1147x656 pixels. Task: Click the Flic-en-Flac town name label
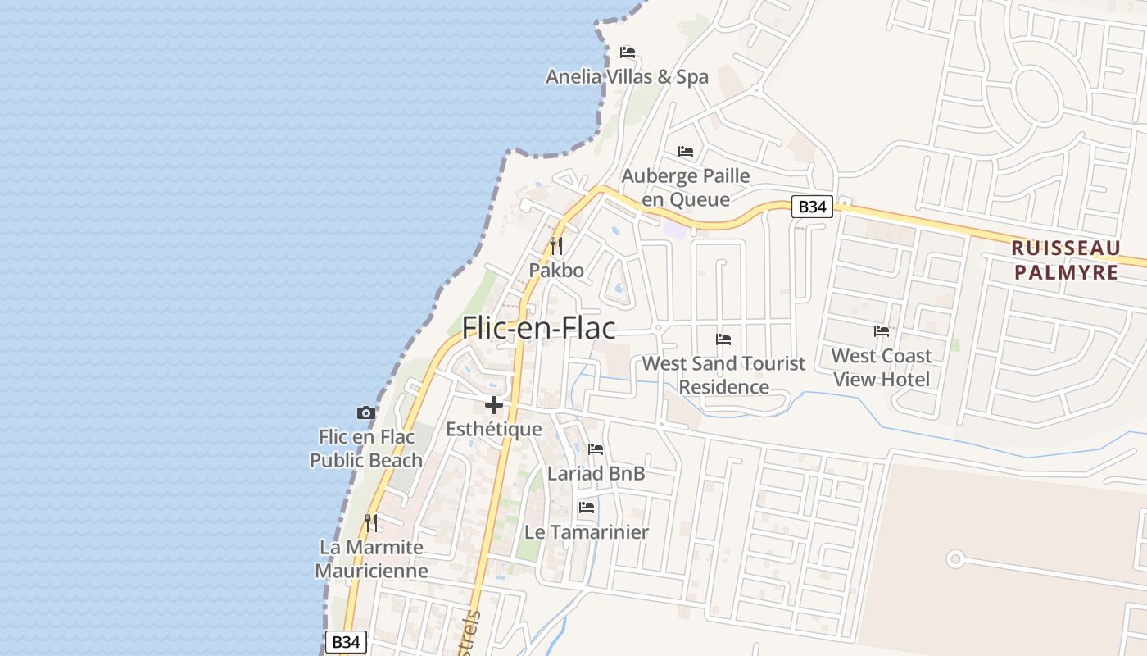click(x=538, y=328)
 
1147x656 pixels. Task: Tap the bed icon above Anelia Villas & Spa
click(x=628, y=52)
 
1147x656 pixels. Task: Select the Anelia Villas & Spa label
click(x=627, y=77)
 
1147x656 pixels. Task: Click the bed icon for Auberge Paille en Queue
click(x=686, y=152)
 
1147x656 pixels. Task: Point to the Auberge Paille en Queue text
click(x=686, y=187)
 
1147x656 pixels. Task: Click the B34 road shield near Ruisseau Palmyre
click(x=812, y=207)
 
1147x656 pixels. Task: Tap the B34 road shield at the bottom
click(x=346, y=642)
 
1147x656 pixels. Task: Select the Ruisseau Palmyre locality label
click(x=1065, y=260)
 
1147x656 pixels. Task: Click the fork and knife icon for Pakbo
click(x=556, y=245)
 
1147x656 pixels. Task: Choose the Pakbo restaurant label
click(x=556, y=271)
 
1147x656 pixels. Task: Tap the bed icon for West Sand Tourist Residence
click(x=723, y=339)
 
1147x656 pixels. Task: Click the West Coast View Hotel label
click(x=882, y=367)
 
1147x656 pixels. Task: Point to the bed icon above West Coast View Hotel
click(x=882, y=331)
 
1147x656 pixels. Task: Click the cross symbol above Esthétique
click(x=494, y=405)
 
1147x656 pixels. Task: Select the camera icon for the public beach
click(x=366, y=412)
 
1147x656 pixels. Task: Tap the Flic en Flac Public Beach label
click(x=366, y=449)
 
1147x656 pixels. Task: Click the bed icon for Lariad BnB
click(x=596, y=449)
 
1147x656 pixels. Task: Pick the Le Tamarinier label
click(x=587, y=532)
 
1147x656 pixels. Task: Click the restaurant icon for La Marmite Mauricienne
click(x=371, y=522)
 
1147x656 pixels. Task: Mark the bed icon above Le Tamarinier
click(x=587, y=508)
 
